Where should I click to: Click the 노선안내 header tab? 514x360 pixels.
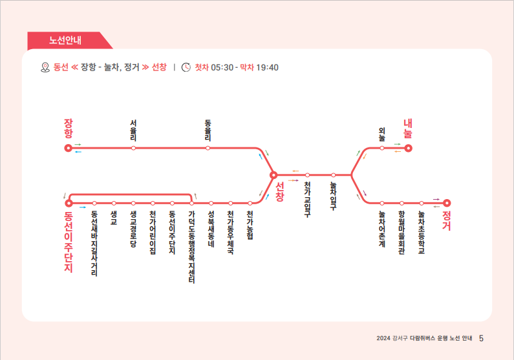click(x=65, y=40)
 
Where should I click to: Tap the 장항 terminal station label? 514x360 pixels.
click(x=69, y=129)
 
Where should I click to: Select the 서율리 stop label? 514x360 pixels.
click(x=133, y=130)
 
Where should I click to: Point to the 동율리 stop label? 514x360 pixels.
click(x=208, y=130)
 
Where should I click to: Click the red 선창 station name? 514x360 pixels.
click(x=280, y=192)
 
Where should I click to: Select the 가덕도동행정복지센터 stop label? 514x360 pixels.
click(x=192, y=246)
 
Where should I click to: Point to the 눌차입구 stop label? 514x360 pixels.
click(x=334, y=196)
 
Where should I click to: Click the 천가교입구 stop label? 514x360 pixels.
click(x=308, y=200)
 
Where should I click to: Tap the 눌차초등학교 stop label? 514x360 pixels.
click(x=421, y=232)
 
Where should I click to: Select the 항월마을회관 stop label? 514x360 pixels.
click(x=402, y=232)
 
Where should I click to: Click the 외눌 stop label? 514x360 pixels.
click(x=382, y=134)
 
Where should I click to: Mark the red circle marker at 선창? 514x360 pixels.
click(x=273, y=175)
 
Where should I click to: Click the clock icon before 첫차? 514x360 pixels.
click(x=186, y=67)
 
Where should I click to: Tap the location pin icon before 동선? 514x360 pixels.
click(x=45, y=67)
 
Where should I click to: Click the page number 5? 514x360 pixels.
click(x=482, y=337)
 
